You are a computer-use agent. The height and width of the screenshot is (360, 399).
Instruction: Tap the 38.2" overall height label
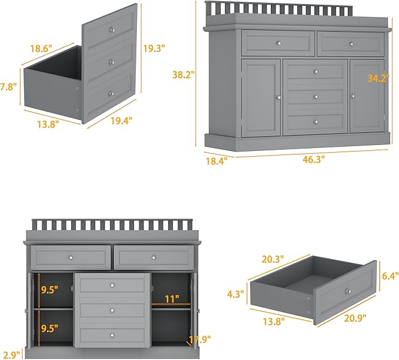(x=183, y=75)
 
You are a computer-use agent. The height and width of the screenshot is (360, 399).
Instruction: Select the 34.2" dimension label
(x=378, y=79)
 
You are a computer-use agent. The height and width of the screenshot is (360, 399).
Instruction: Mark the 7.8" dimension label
(x=8, y=86)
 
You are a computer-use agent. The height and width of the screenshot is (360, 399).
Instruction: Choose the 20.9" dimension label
(x=356, y=318)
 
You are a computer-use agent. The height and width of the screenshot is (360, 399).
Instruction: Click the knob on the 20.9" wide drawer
(x=348, y=292)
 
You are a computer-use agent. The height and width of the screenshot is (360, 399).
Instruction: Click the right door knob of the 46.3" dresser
(x=354, y=96)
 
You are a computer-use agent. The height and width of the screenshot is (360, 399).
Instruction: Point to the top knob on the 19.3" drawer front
(x=111, y=29)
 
